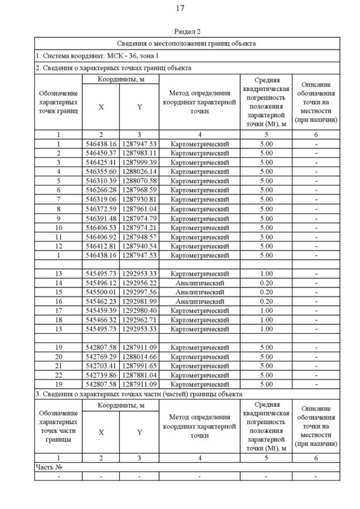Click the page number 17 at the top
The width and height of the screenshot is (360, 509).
coord(180,8)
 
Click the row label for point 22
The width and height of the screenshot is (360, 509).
coord(58,374)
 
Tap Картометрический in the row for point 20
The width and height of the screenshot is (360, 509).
coord(200,357)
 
